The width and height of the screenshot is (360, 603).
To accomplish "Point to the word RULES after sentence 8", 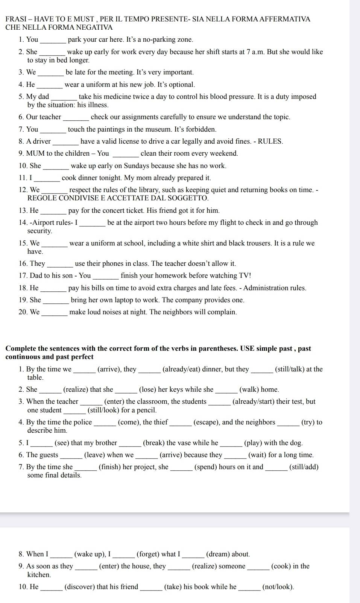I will click(269, 141).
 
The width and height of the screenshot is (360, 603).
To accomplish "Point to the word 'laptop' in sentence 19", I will click(122, 300).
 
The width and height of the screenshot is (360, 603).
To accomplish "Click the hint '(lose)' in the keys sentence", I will click(147, 389).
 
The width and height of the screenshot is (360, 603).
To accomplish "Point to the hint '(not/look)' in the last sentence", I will click(278, 587).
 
